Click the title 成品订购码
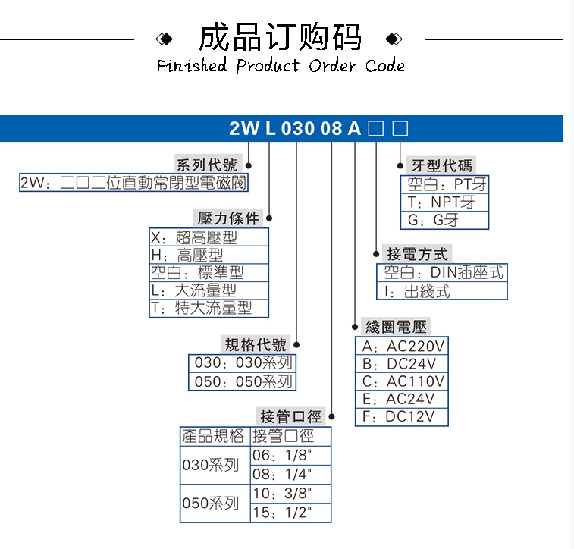[280, 37]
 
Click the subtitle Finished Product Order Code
[281, 66]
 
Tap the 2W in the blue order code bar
[243, 128]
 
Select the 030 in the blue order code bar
[297, 128]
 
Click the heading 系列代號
[206, 165]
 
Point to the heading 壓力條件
[229, 218]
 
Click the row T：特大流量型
[201, 308]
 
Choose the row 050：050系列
[243, 381]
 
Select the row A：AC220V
[403, 346]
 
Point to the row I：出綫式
[417, 290]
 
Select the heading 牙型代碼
[441, 165]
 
